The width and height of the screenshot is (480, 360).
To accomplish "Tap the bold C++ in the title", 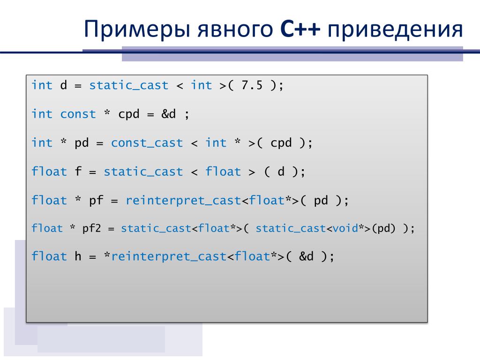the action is pos(300,29).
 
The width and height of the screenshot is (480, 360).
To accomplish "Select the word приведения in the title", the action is pos(395,30).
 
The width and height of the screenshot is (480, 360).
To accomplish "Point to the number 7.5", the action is pos(252,85).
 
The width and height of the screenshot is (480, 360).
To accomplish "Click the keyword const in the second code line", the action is pos(78,114).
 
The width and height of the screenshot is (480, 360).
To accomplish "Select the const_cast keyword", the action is pos(147,143).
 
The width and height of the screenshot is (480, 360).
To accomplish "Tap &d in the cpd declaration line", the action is pos(169,114).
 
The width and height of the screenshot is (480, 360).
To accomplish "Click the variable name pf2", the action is pos(91,228).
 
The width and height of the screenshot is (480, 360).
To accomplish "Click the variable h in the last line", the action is pos(78,256).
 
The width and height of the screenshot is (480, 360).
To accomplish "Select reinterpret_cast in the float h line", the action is pos(169,256).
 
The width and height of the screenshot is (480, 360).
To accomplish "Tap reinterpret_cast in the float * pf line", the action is pos(183,201).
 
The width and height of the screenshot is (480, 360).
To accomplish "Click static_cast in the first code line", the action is pos(129,85).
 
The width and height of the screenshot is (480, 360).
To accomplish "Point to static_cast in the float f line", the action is pos(143,172).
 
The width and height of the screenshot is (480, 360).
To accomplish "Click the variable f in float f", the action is pos(78,171).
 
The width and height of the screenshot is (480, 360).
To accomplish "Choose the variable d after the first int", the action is pos(63,85).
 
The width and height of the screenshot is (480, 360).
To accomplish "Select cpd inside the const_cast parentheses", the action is pos(281,143).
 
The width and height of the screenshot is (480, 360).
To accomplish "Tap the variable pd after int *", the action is pos(82,143).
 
